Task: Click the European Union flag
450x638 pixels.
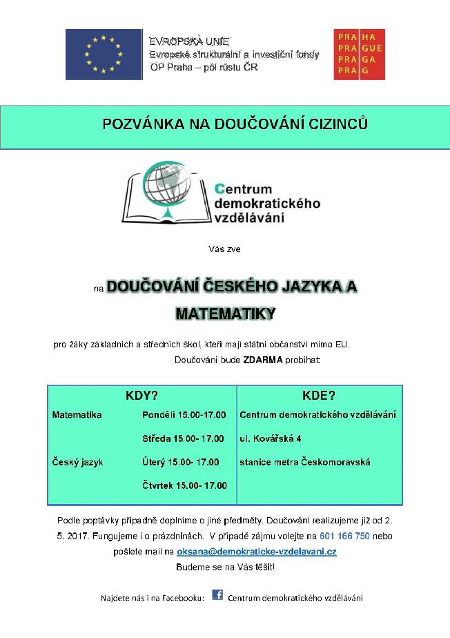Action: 104,55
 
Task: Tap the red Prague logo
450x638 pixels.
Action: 359,55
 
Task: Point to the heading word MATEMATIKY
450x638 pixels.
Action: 225,313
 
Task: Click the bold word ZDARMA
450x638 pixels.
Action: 263,360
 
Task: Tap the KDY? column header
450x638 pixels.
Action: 142,396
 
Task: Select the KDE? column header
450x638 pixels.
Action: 319,396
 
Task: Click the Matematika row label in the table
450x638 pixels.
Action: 77,415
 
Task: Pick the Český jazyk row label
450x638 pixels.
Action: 77,462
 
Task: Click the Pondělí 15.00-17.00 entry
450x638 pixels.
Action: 184,415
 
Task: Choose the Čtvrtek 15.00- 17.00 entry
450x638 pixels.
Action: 184,485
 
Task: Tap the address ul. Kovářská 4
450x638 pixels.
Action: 271,438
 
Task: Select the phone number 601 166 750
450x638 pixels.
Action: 344,536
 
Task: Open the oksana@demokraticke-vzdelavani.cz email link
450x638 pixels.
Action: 257,552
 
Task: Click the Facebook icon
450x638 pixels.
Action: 217,594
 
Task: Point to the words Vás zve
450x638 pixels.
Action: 224,249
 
